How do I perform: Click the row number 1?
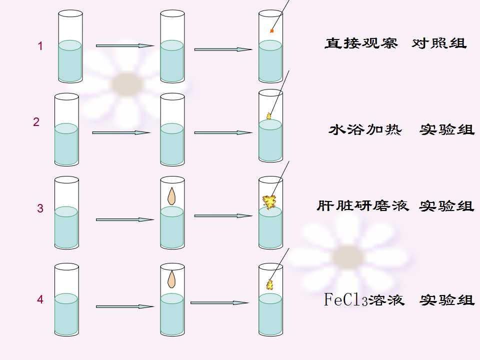pyautogui.click(x=40, y=46)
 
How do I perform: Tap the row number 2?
pyautogui.click(x=36, y=122)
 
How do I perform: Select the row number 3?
pyautogui.click(x=40, y=208)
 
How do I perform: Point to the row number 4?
pyautogui.click(x=40, y=299)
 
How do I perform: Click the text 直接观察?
pyautogui.click(x=361, y=43)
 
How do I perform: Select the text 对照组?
pyautogui.click(x=439, y=43)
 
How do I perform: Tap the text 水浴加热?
pyautogui.click(x=365, y=129)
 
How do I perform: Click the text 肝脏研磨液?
pyautogui.click(x=363, y=205)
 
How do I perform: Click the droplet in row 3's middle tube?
pyautogui.click(x=171, y=196)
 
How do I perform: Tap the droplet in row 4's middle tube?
pyautogui.click(x=171, y=279)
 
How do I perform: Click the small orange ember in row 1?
pyautogui.click(x=271, y=31)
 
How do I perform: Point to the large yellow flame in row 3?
pyautogui.click(x=269, y=202)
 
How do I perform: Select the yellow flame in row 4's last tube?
pyautogui.click(x=269, y=284)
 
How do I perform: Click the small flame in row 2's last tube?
pyautogui.click(x=269, y=116)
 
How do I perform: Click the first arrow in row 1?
pyautogui.click(x=125, y=46)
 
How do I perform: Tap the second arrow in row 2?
pyautogui.click(x=223, y=132)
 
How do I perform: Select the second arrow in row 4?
pyautogui.click(x=219, y=303)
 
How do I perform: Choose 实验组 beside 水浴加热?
pyautogui.click(x=447, y=130)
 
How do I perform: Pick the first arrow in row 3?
pyautogui.click(x=125, y=219)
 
